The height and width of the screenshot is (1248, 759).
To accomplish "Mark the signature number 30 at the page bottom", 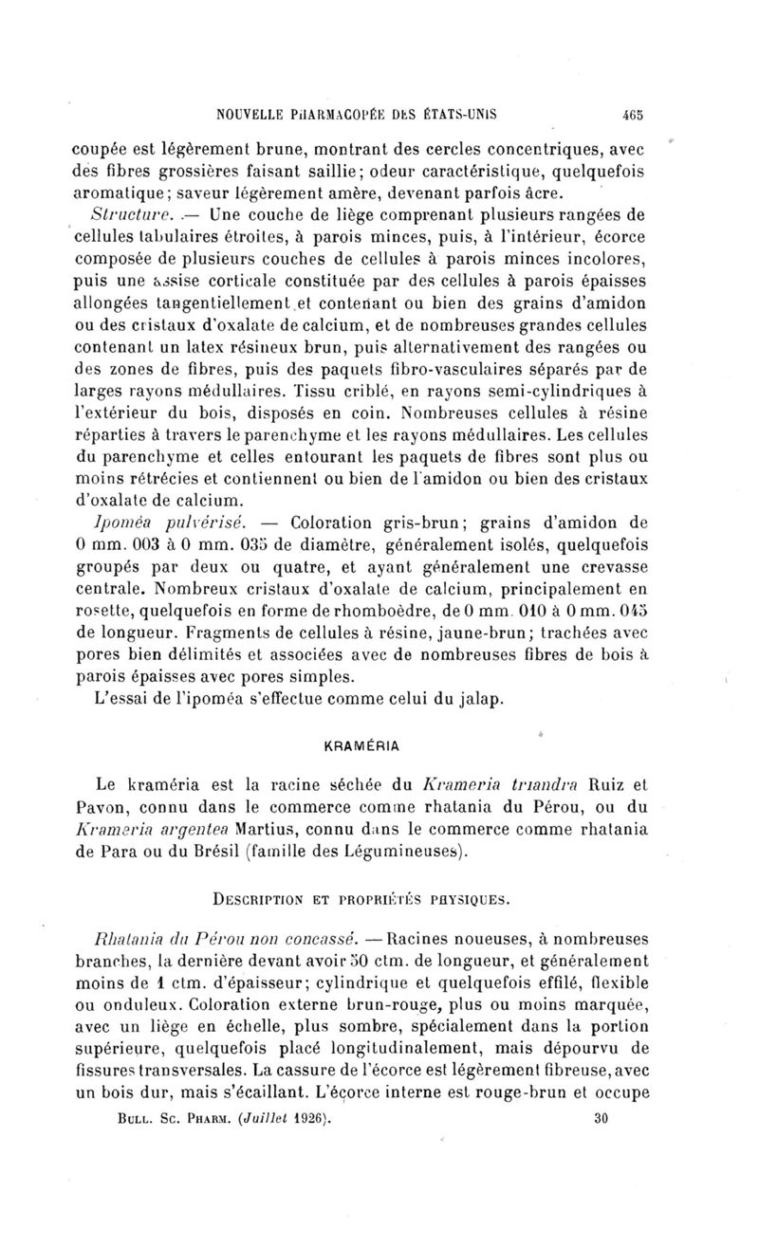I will [x=599, y=1118].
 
